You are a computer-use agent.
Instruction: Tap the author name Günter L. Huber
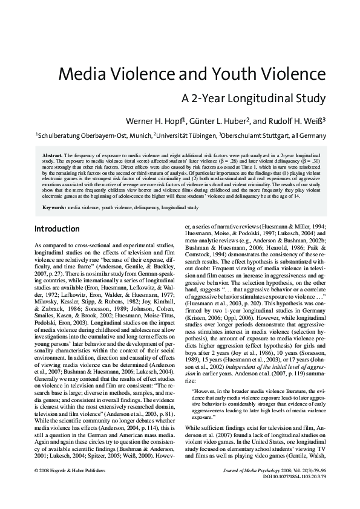point(218,120)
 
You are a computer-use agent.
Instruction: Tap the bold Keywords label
point(54,207)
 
